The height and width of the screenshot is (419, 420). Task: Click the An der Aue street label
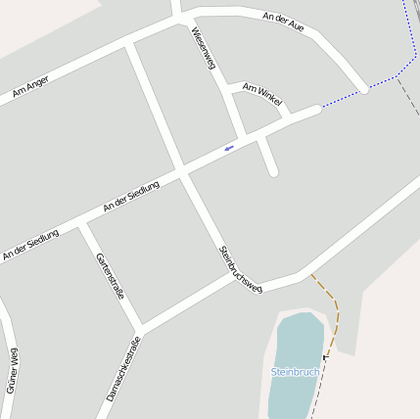[284, 22]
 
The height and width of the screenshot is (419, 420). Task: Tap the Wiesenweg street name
[203, 48]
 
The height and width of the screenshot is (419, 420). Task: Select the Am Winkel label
[262, 94]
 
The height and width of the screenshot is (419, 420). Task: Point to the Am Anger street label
[30, 87]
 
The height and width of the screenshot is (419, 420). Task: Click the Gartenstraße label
[110, 276]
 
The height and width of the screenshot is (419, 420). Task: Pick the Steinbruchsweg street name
[241, 268]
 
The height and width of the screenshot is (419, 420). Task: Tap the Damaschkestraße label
[124, 368]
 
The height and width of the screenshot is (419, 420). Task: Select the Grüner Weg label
[13, 370]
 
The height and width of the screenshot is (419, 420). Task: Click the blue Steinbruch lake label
[295, 372]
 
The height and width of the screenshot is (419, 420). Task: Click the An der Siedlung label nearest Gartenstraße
[30, 245]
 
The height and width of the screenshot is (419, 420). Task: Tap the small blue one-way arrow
[229, 148]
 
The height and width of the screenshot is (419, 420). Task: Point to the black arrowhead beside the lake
[326, 356]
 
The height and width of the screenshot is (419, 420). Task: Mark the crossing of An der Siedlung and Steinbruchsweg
[182, 172]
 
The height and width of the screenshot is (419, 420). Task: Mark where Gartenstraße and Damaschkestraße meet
[141, 326]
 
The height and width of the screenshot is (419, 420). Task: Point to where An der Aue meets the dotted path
[364, 89]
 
